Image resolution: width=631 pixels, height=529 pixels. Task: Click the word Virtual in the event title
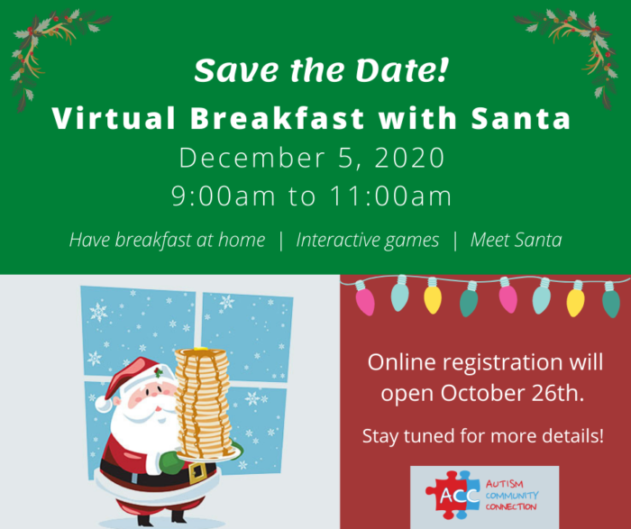(x=114, y=118)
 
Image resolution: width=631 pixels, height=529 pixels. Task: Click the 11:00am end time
(x=390, y=196)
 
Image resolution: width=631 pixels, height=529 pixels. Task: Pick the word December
(x=251, y=158)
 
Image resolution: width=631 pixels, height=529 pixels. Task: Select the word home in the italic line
(x=242, y=240)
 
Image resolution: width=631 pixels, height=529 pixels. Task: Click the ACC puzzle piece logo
(x=453, y=495)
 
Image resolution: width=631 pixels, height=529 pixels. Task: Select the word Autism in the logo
(x=504, y=484)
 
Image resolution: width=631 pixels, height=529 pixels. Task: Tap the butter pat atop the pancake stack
(x=200, y=349)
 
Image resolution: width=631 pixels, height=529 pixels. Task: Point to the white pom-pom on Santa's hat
(x=104, y=404)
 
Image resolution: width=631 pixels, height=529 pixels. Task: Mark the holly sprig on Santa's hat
(x=159, y=372)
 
